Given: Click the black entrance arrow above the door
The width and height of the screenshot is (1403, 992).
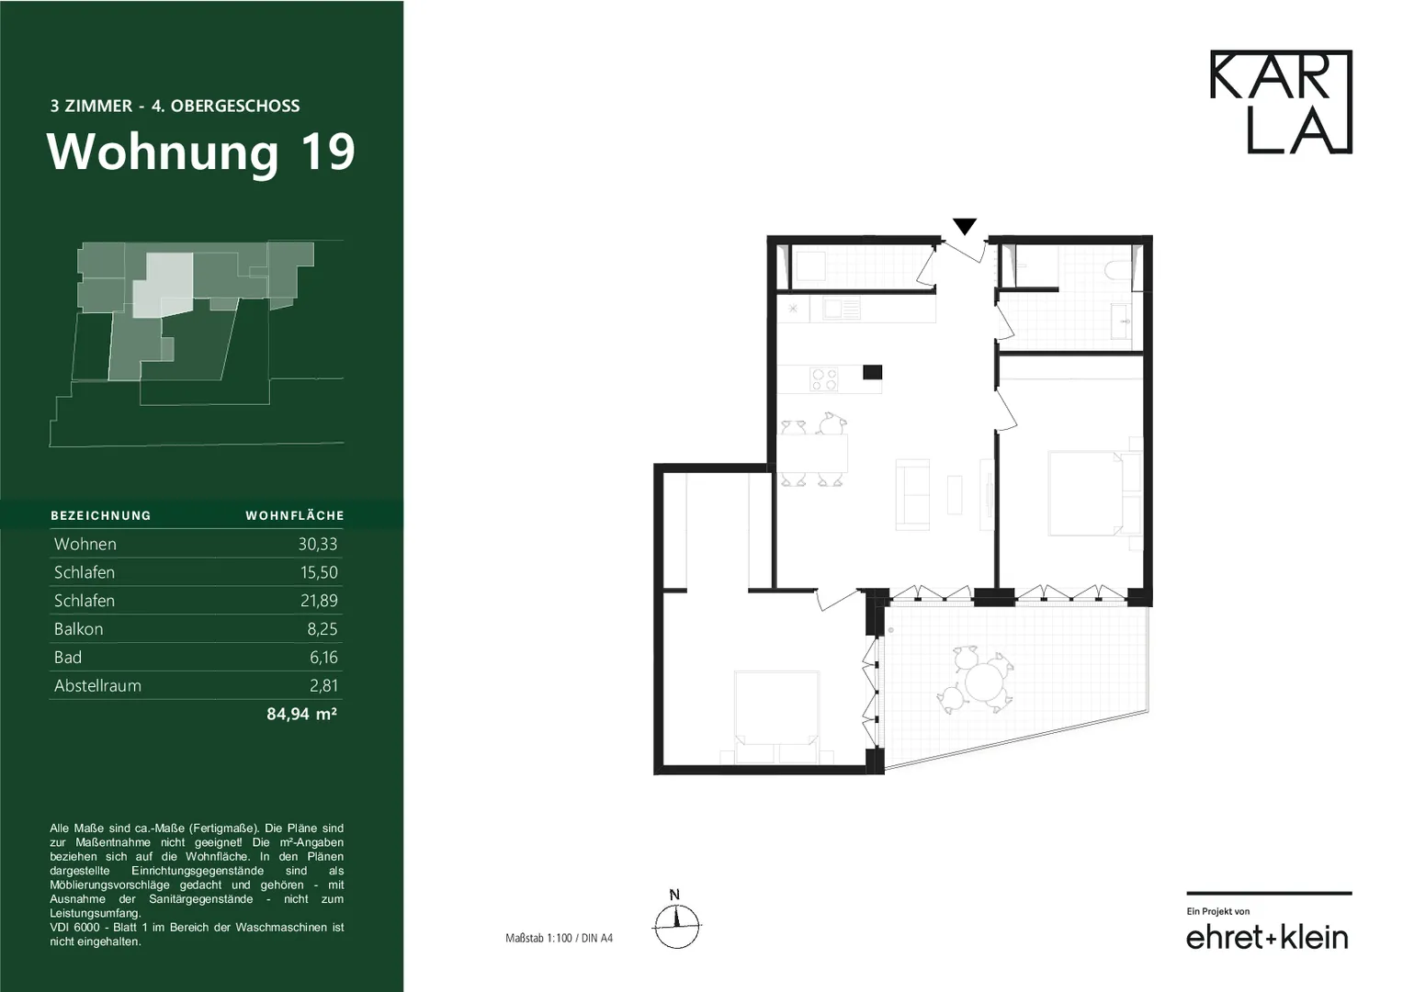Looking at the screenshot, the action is tap(965, 226).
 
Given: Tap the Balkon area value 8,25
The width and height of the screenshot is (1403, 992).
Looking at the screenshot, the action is tap(322, 629).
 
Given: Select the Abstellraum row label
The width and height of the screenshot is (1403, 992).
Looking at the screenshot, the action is tap(97, 686).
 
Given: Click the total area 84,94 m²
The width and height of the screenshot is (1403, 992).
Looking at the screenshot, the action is tap(302, 714).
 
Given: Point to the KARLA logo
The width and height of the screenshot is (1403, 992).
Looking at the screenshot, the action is tap(1281, 101).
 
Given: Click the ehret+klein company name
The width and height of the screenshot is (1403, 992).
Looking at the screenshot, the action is tap(1267, 938).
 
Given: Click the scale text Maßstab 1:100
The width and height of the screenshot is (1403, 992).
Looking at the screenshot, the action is tap(538, 938).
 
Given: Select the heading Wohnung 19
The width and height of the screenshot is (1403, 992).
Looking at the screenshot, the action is tap(200, 152).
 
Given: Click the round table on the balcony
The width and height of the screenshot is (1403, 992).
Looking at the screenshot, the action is tap(983, 682).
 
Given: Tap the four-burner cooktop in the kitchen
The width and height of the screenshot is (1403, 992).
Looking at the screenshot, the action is tap(823, 378).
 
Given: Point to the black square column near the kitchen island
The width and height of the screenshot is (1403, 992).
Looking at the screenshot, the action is tap(873, 372).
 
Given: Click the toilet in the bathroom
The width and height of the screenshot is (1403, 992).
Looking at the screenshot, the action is tap(1117, 271).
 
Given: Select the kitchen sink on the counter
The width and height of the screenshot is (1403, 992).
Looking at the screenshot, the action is tap(842, 309).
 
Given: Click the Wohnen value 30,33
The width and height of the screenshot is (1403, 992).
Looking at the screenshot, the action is tap(318, 544).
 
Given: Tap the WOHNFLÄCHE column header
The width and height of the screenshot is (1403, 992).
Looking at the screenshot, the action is tap(295, 515).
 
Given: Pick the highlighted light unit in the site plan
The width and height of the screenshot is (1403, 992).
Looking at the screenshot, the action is tap(163, 285).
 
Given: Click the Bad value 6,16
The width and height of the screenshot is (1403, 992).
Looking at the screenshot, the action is tap(323, 657).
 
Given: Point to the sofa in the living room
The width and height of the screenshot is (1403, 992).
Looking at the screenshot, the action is tap(912, 494).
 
